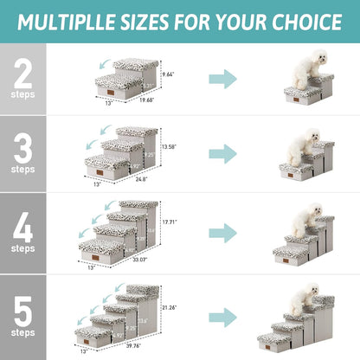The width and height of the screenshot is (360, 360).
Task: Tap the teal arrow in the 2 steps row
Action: (x=224, y=80)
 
